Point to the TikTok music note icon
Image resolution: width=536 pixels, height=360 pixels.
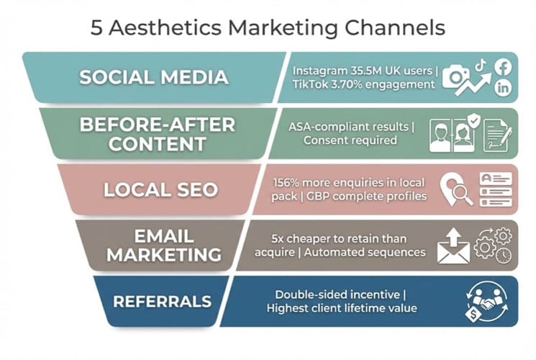point(481,64)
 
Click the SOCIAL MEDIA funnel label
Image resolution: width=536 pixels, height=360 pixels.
point(153,77)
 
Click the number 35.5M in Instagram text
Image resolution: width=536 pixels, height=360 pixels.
point(360,71)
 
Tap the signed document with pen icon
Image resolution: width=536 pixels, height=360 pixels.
point(496,135)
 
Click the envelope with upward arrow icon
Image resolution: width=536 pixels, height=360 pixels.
point(453,246)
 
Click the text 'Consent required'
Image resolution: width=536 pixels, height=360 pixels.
point(350,140)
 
